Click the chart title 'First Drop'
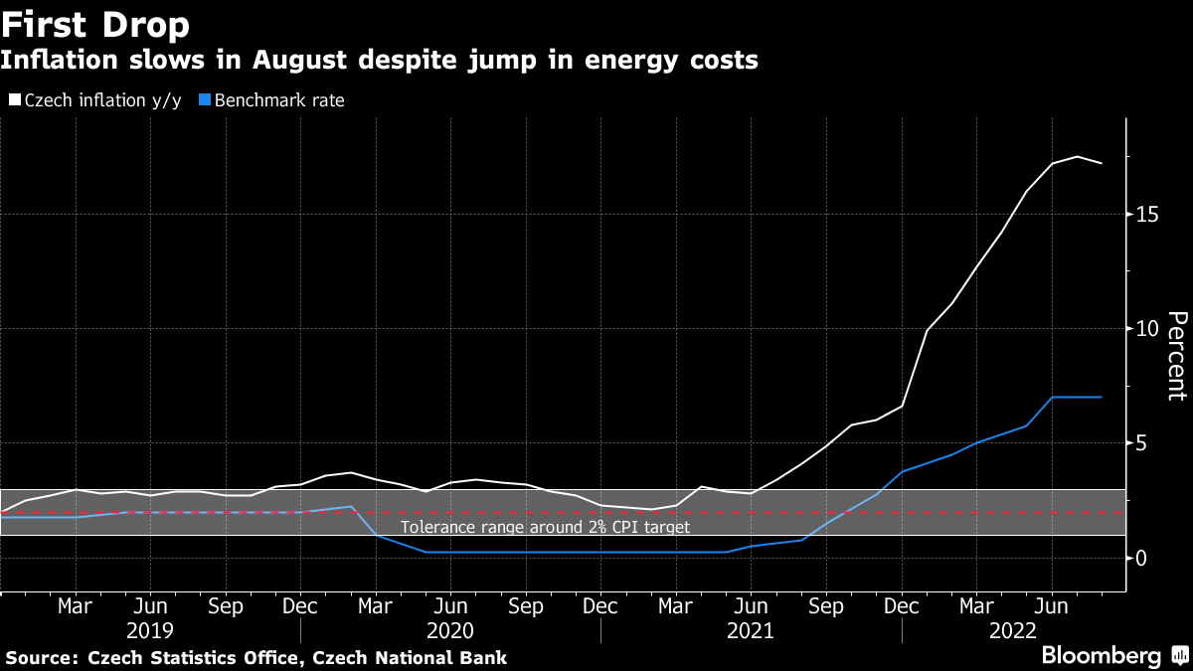coord(96,24)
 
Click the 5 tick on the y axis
coord(1143,443)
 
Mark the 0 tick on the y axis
coord(1143,558)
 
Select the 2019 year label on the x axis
coord(150,630)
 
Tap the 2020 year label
coord(450,630)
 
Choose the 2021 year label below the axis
coord(752,630)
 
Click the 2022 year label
coord(1014,630)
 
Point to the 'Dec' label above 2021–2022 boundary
coord(902,605)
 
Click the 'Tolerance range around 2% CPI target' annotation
coord(545,527)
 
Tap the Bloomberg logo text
coord(1101,656)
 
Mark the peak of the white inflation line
coord(1078,156)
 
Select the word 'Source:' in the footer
coord(43,657)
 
